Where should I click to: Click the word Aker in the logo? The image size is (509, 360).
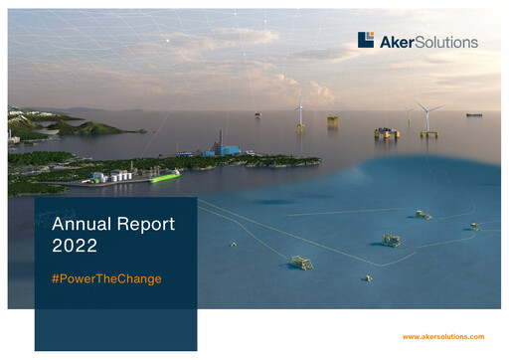(396, 42)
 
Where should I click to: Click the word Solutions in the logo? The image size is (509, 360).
(445, 42)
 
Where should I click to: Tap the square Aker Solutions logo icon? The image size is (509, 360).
(366, 40)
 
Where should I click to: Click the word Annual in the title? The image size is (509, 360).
(81, 225)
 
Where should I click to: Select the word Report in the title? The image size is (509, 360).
(145, 225)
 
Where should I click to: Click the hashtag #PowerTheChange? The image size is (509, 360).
(105, 278)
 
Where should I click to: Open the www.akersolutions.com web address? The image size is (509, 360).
(442, 337)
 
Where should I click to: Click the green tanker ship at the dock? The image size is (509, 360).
(165, 177)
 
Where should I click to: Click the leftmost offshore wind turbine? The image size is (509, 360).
(299, 113)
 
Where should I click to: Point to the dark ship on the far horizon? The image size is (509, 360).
(474, 114)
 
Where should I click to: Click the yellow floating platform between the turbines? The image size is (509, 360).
(387, 132)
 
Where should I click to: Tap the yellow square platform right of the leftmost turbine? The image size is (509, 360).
(332, 120)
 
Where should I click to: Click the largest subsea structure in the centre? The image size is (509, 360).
(392, 240)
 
